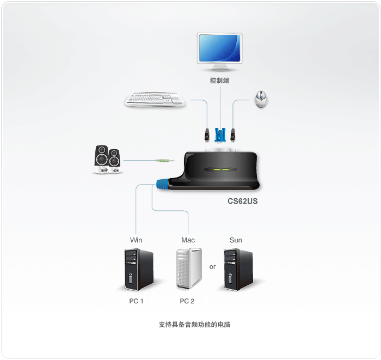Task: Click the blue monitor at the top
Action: click(x=220, y=49)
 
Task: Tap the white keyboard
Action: click(x=155, y=100)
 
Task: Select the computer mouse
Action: click(x=261, y=100)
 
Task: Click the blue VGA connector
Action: click(x=220, y=135)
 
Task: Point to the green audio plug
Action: click(x=164, y=161)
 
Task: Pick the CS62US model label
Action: click(x=243, y=201)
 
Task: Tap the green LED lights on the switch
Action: click(x=221, y=169)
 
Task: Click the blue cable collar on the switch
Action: click(x=162, y=184)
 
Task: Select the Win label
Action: click(x=136, y=240)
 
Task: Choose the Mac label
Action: click(x=188, y=240)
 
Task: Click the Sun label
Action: click(x=236, y=240)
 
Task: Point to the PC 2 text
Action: click(x=187, y=301)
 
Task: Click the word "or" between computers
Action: click(x=212, y=267)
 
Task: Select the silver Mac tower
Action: click(x=188, y=268)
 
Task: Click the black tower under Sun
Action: click(x=238, y=268)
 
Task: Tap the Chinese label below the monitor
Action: click(x=220, y=81)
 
